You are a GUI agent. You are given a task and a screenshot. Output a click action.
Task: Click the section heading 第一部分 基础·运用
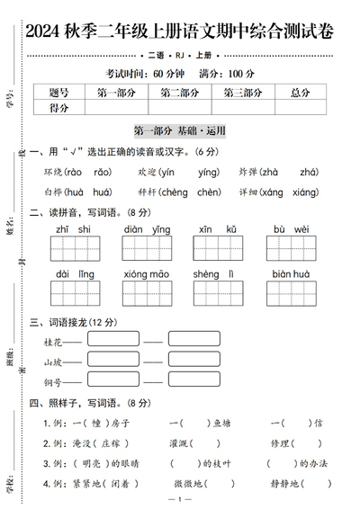click(179, 129)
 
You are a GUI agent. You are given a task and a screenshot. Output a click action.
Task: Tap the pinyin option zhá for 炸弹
click(309, 172)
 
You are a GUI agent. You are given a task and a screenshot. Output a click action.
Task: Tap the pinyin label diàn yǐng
click(148, 230)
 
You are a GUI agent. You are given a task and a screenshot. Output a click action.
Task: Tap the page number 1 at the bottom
click(180, 499)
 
